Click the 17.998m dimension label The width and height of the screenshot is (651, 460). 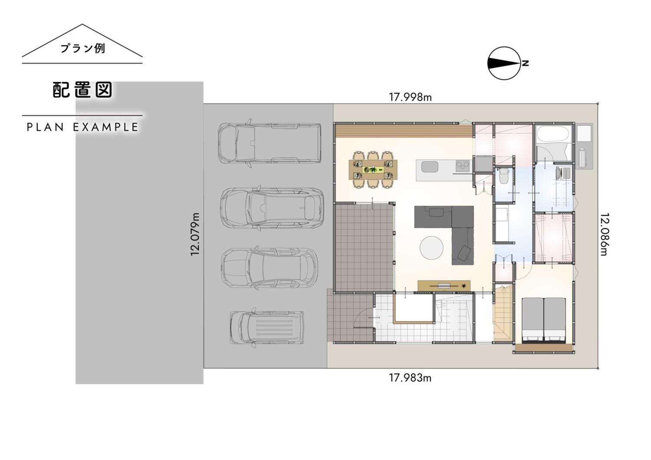pos(411,97)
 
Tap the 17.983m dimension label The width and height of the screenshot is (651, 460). pos(410,378)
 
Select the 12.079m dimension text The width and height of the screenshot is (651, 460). pos(195,234)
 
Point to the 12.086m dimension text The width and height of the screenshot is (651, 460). pos(605,234)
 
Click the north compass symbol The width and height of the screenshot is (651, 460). pos(503,63)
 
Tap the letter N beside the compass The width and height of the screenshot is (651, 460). pos(525,63)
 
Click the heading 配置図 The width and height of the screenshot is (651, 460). pos(82,90)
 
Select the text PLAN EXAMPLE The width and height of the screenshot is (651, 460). pos(82,127)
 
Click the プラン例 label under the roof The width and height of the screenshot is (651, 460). pos(82,48)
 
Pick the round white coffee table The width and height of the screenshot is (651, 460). pos(431,248)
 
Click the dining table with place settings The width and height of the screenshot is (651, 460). pos(373,170)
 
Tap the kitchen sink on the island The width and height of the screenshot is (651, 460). pos(430,167)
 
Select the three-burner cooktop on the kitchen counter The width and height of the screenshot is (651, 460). pos(462,166)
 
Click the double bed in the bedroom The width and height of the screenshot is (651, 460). pos(544,320)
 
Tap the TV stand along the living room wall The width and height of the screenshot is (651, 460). pos(444,285)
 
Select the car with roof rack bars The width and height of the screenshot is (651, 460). pos(267,328)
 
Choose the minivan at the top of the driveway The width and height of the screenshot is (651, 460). pos(270,143)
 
